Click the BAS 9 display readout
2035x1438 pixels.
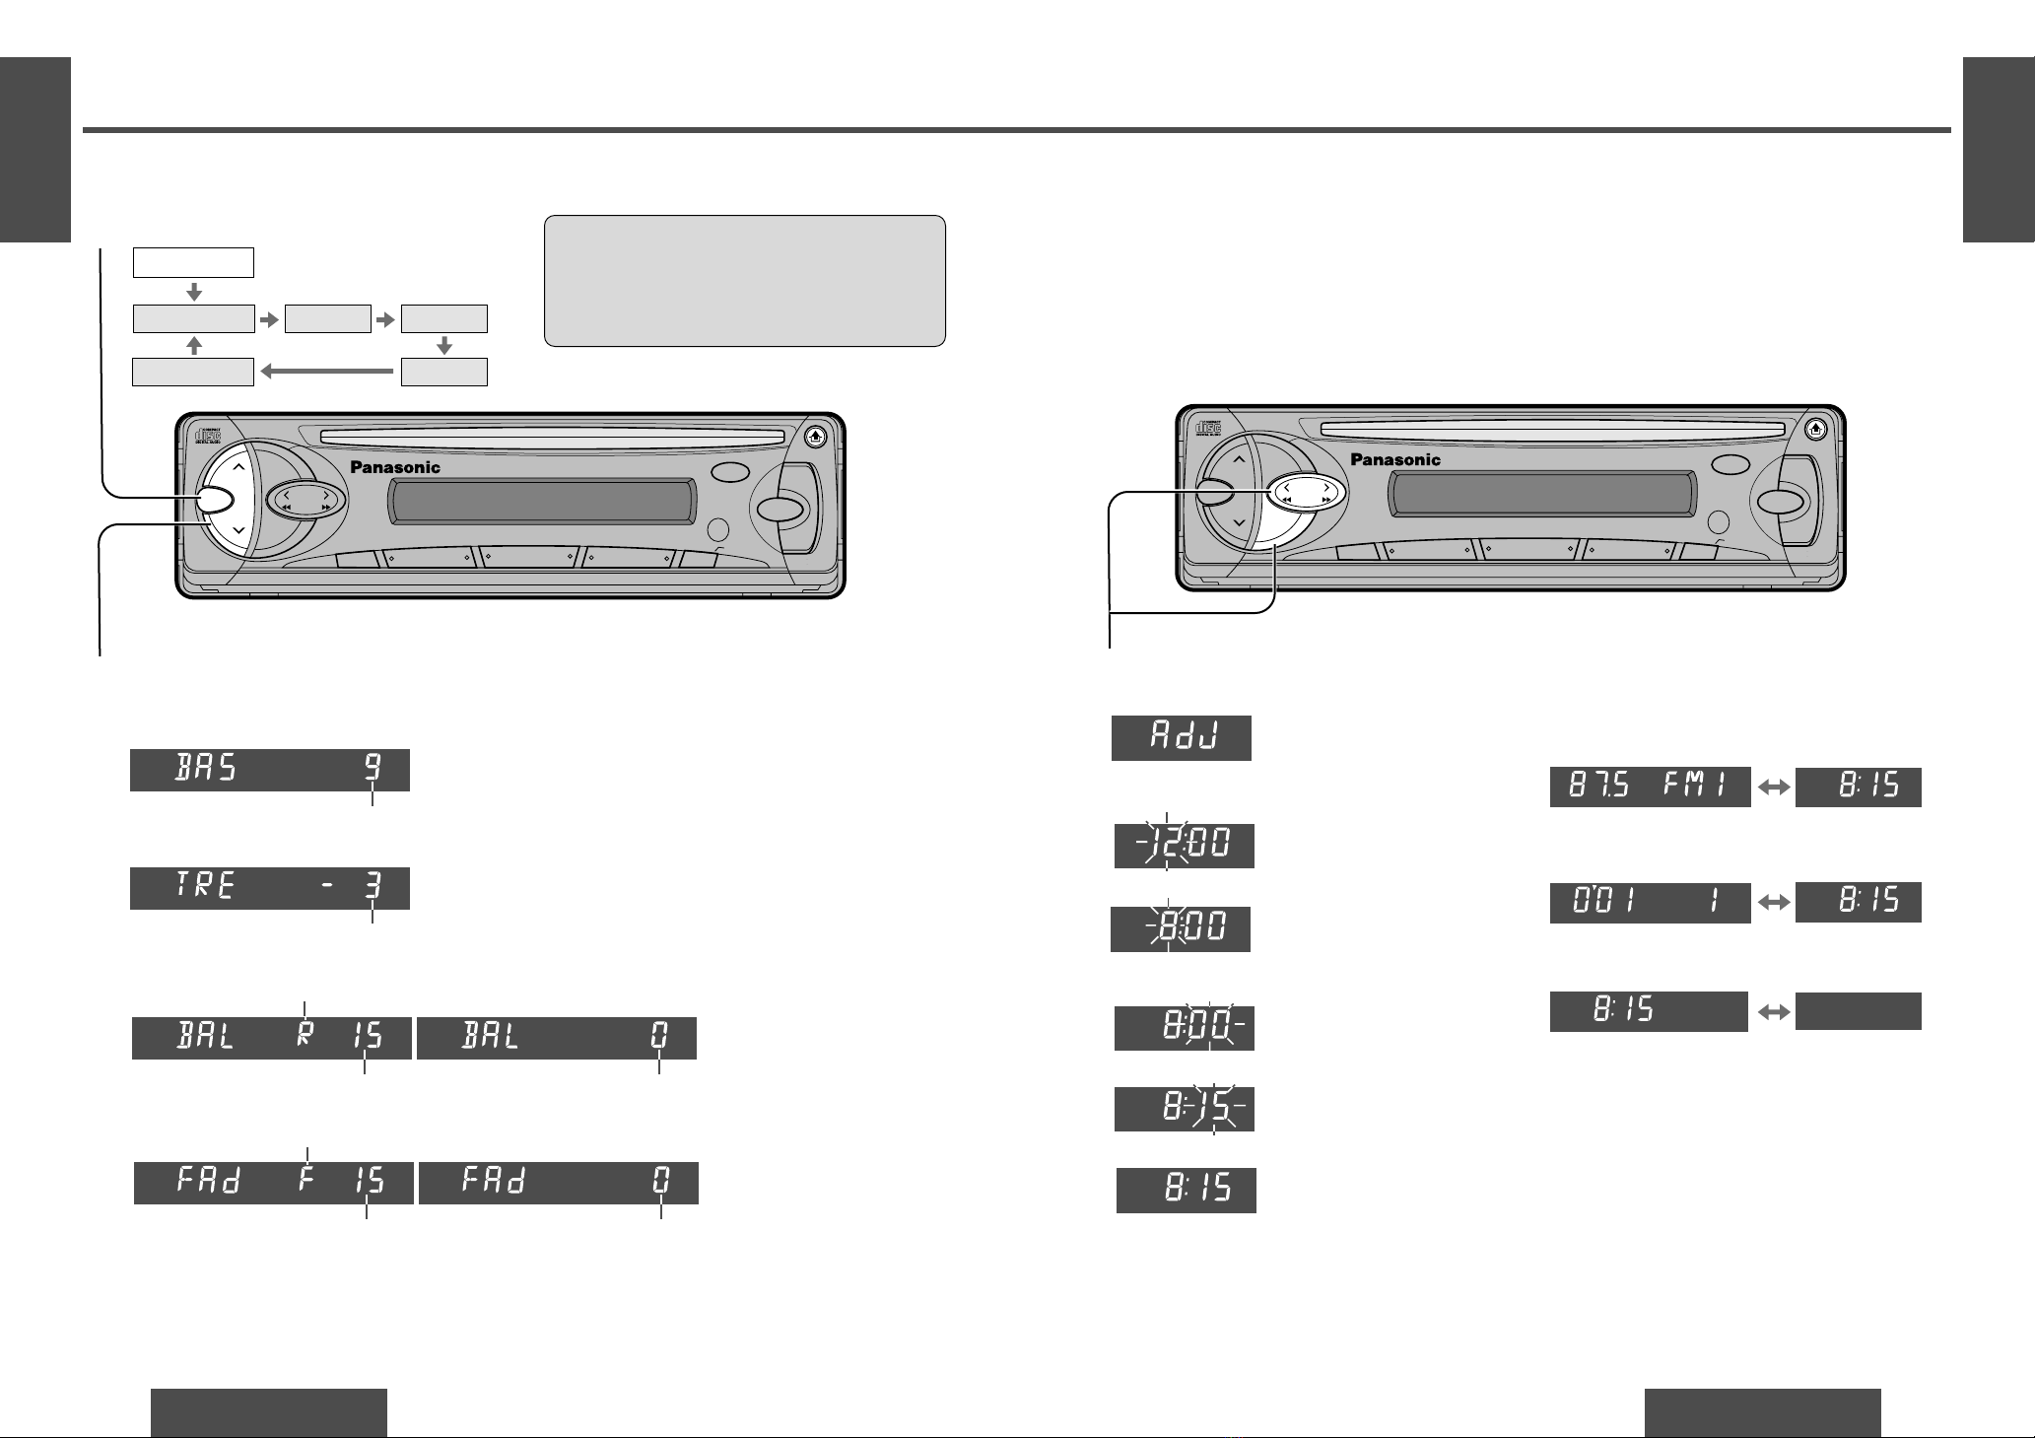(x=269, y=770)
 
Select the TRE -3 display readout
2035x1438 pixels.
(x=269, y=888)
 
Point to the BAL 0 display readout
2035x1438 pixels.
(x=556, y=1038)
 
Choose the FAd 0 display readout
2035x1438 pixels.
(x=558, y=1183)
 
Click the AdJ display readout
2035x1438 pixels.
(x=1181, y=737)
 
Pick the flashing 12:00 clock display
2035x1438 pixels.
(x=1184, y=846)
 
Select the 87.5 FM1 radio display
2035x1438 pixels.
(x=1650, y=787)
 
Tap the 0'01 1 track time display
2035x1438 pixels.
(x=1650, y=902)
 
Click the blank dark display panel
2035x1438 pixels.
(x=1858, y=1011)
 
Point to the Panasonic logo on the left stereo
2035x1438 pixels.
(x=395, y=468)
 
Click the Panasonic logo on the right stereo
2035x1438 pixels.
(x=1394, y=459)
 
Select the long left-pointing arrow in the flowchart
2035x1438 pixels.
(x=327, y=373)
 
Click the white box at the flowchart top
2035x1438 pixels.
(x=193, y=263)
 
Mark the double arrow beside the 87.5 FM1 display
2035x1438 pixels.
(x=1773, y=787)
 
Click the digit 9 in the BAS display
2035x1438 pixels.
(x=373, y=769)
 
